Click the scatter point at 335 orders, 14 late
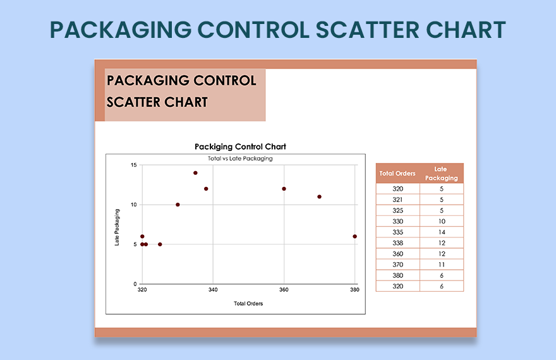(195, 173)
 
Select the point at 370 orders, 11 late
(320, 197)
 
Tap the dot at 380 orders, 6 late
(355, 237)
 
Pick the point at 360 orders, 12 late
(284, 189)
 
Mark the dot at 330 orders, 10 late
(178, 205)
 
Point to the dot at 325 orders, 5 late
(160, 244)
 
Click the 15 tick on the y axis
(134, 165)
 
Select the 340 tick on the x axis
(213, 291)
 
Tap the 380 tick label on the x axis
(354, 291)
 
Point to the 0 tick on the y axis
(135, 284)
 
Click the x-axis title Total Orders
(248, 304)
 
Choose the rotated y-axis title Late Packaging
(118, 227)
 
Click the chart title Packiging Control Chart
(240, 147)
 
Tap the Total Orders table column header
(397, 174)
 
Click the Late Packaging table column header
(441, 174)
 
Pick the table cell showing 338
(397, 243)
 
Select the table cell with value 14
(442, 232)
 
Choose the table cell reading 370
(397, 265)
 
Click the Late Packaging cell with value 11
(442, 265)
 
